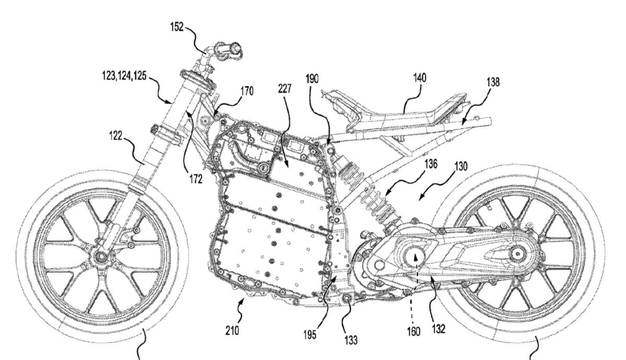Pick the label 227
(x=285, y=89)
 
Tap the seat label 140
(x=419, y=78)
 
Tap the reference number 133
(x=351, y=340)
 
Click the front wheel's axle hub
(x=99, y=257)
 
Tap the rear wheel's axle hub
(x=517, y=254)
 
